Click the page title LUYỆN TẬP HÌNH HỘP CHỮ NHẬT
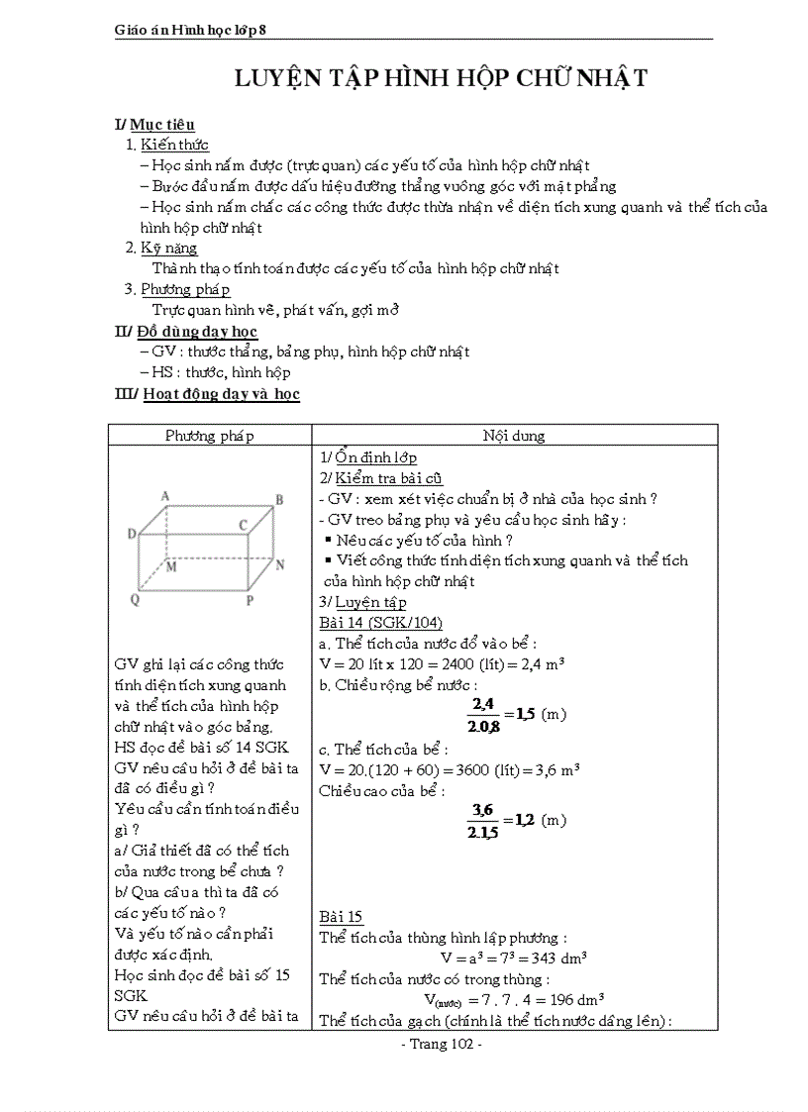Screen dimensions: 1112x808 [x=441, y=78]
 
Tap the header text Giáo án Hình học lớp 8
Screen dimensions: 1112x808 [x=191, y=31]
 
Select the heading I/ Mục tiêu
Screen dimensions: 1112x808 [x=154, y=125]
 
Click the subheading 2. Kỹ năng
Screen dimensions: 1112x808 [x=161, y=248]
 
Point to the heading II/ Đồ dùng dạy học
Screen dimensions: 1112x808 [x=186, y=331]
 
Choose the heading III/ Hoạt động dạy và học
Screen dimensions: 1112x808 [x=207, y=394]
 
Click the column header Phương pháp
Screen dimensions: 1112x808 [x=209, y=436]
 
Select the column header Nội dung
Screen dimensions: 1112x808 [x=514, y=436]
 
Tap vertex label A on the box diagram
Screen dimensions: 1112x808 [x=164, y=496]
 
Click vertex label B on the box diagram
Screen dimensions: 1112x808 [x=279, y=500]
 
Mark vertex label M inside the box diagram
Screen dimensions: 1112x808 [x=170, y=567]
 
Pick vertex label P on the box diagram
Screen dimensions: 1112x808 [x=250, y=600]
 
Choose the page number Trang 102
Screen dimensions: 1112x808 [x=440, y=1045]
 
